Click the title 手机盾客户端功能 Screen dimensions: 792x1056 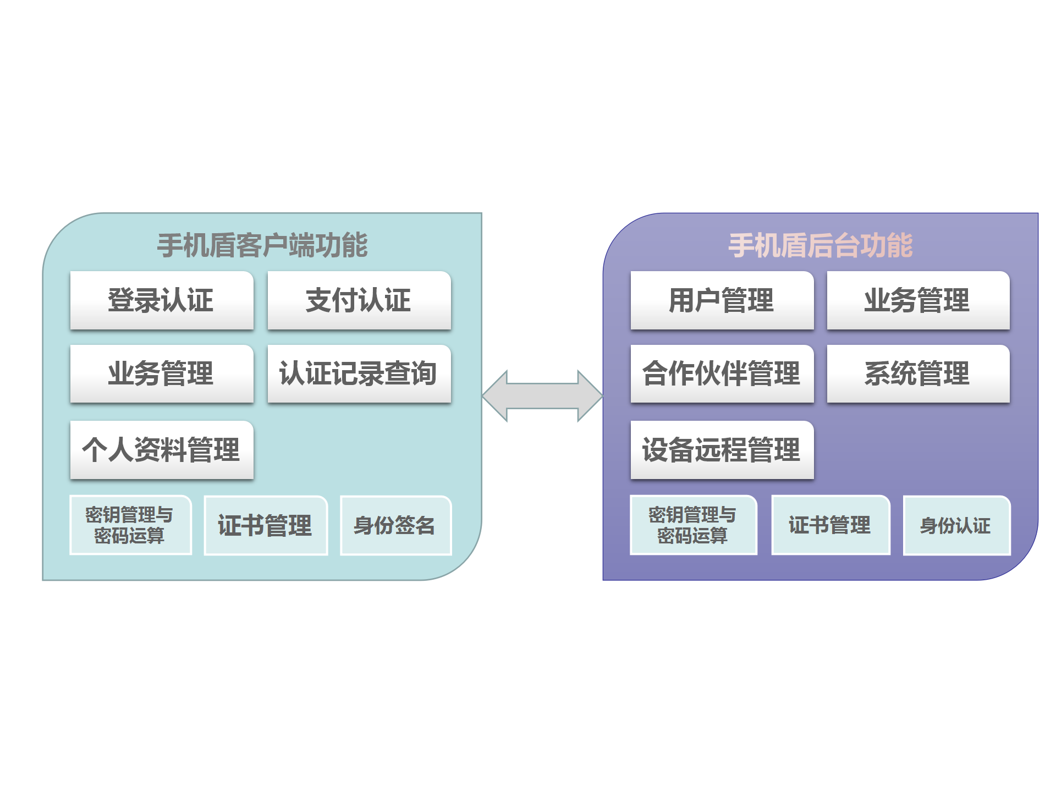tap(262, 245)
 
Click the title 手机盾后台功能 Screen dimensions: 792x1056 tap(820, 245)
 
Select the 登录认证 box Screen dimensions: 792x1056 tap(162, 300)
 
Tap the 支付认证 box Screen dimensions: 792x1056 tap(359, 300)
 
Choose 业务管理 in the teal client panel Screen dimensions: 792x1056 tap(162, 374)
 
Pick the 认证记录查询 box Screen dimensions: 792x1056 tap(359, 374)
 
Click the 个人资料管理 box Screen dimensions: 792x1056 tap(162, 450)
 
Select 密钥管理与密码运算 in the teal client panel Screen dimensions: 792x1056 tap(130, 525)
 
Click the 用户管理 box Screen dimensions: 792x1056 tap(722, 300)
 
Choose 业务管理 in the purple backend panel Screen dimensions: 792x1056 tap(918, 300)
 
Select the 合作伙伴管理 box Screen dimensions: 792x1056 tap(722, 374)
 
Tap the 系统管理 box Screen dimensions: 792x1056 tap(918, 374)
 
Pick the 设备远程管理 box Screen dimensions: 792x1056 tap(722, 450)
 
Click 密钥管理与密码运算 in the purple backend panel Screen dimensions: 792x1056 tap(693, 525)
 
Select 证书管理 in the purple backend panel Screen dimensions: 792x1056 tap(831, 525)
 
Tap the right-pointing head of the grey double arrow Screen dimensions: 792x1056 tap(590, 396)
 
